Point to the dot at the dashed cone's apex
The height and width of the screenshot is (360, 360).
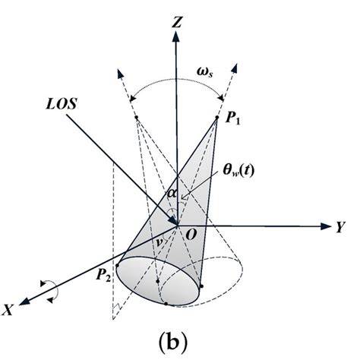(136, 117)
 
